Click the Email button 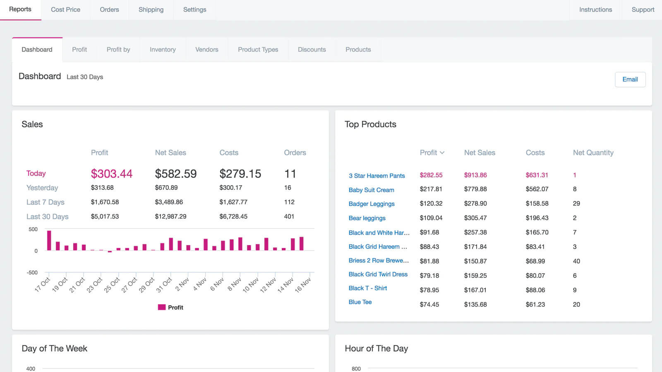(x=630, y=79)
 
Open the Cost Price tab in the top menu (x=65, y=10)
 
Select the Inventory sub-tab (x=163, y=50)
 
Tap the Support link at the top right (x=643, y=10)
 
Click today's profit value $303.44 (x=112, y=174)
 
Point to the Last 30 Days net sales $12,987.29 (x=170, y=217)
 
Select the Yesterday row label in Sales (x=42, y=188)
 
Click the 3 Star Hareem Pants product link (x=377, y=176)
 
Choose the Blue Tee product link (x=360, y=302)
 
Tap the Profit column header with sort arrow (x=432, y=153)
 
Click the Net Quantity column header (x=593, y=153)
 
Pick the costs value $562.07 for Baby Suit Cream (x=537, y=189)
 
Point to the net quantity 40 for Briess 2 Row (x=576, y=261)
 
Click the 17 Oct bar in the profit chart (x=49, y=240)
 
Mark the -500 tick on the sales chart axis (x=32, y=272)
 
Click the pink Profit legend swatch (x=162, y=307)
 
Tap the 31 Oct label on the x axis (x=164, y=285)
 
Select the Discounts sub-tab (x=312, y=50)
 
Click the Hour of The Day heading (x=376, y=348)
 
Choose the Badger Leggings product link (x=371, y=204)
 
